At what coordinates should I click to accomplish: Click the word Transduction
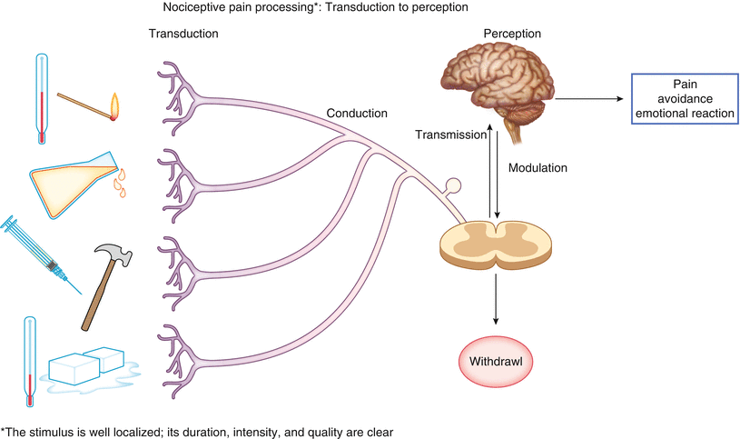(x=182, y=35)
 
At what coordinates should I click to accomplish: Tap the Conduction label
(x=357, y=114)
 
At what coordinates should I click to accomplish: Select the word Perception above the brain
(x=512, y=35)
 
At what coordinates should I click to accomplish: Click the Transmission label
(x=449, y=135)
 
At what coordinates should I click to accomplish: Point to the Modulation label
(x=538, y=168)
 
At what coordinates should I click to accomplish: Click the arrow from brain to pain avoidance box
(x=590, y=99)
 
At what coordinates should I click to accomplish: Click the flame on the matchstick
(x=115, y=107)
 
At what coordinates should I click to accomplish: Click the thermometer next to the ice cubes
(x=30, y=359)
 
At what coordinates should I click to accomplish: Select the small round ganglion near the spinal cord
(x=451, y=187)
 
